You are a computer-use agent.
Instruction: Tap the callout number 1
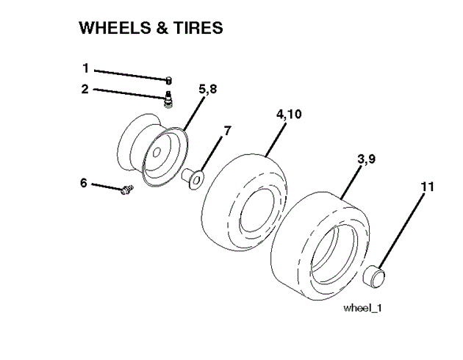[x=85, y=68]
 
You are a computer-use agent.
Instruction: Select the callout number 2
[x=85, y=90]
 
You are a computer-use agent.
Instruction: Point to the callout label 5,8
[x=207, y=89]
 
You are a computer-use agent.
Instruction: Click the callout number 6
[x=83, y=183]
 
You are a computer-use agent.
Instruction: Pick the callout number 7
[x=227, y=130]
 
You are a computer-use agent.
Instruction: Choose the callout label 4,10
[x=288, y=115]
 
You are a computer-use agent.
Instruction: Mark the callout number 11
[x=427, y=187]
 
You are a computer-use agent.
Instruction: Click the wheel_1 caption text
[x=362, y=308]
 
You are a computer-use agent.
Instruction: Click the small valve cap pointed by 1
[x=168, y=79]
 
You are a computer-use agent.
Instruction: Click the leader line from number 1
[x=129, y=73]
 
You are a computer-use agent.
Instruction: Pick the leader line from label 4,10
[x=275, y=140]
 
